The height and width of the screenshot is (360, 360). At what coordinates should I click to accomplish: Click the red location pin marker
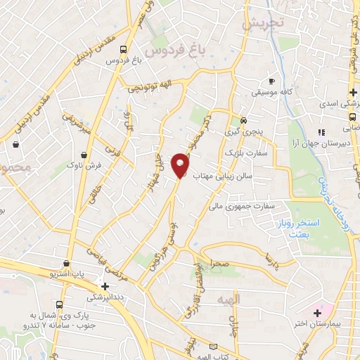[180, 165]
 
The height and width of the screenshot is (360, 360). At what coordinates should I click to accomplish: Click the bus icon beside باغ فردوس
[124, 50]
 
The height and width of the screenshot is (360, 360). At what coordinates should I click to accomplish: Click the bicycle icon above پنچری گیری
[243, 120]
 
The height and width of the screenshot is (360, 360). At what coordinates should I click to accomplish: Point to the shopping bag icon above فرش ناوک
[84, 154]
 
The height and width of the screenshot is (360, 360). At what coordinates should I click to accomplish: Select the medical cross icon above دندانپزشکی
[105, 286]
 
